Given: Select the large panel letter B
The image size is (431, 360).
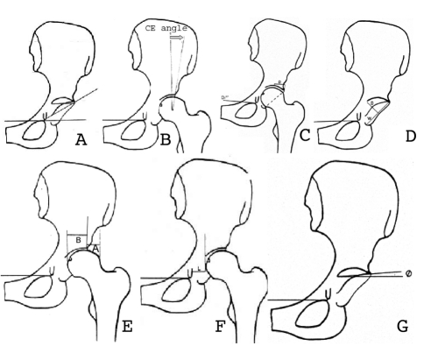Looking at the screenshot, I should point(192,136).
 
